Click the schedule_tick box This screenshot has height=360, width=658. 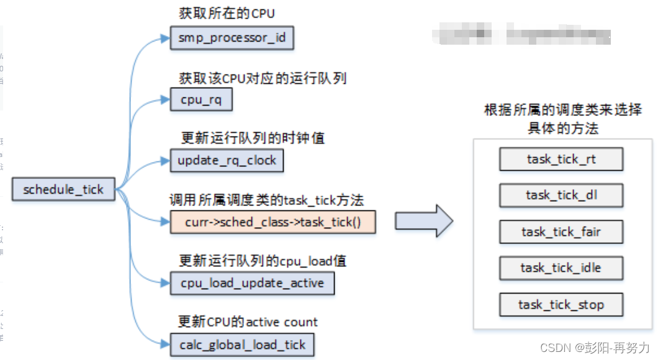[63, 189]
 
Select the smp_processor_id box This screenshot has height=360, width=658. [232, 38]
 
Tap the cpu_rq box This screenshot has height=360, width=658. [201, 99]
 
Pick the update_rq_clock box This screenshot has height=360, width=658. [227, 160]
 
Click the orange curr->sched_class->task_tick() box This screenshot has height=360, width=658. [273, 222]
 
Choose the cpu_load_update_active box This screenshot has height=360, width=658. [252, 283]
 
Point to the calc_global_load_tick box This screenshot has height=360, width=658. [243, 344]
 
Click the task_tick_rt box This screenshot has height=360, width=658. [561, 160]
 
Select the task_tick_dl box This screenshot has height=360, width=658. [561, 196]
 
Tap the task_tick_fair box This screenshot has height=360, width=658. [561, 232]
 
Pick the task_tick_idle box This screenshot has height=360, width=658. [561, 268]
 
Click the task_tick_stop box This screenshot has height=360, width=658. [561, 305]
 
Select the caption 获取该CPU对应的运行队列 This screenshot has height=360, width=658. [262, 78]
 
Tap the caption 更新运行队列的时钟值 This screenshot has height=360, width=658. [252, 138]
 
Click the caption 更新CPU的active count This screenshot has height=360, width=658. [248, 322]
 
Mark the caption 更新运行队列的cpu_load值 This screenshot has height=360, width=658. [263, 261]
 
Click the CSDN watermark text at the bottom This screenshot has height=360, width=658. [595, 347]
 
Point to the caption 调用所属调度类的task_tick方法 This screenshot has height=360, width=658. [266, 200]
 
